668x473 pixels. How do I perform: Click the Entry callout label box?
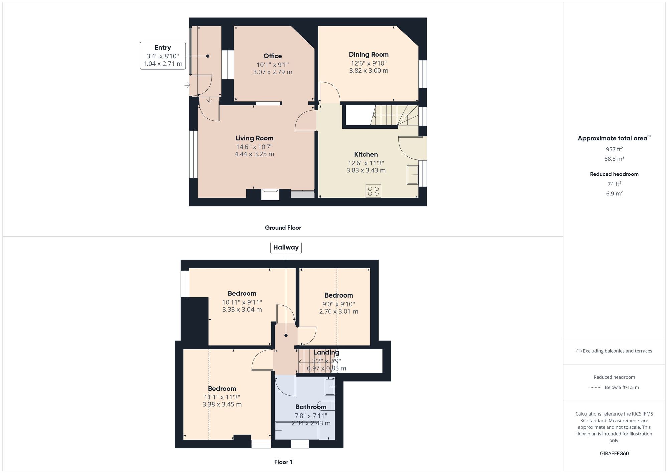[x=163, y=56]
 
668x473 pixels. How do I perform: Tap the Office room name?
[x=272, y=56]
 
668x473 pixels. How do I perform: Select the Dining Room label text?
[x=368, y=54]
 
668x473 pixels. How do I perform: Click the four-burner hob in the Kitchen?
[x=373, y=191]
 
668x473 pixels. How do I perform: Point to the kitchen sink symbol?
[x=412, y=174]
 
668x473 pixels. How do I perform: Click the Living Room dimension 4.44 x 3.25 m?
[x=254, y=154]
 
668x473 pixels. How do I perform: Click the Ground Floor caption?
[x=283, y=228]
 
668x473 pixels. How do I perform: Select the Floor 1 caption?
[x=283, y=462]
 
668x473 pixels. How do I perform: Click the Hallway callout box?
[x=286, y=248]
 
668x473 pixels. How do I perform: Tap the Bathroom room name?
[x=311, y=407]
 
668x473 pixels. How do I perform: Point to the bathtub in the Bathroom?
[x=297, y=431]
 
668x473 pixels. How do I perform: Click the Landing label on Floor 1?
[x=326, y=352]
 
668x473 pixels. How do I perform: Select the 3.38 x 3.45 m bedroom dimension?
[x=222, y=404]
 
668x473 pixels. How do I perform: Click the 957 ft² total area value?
[x=614, y=149]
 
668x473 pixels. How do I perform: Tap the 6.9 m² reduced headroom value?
[x=614, y=193]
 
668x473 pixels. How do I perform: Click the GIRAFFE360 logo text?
[x=614, y=453]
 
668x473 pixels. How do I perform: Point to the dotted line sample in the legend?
[x=595, y=388]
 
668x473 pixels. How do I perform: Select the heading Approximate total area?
[x=613, y=138]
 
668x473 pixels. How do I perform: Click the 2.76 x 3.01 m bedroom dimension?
[x=339, y=311]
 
